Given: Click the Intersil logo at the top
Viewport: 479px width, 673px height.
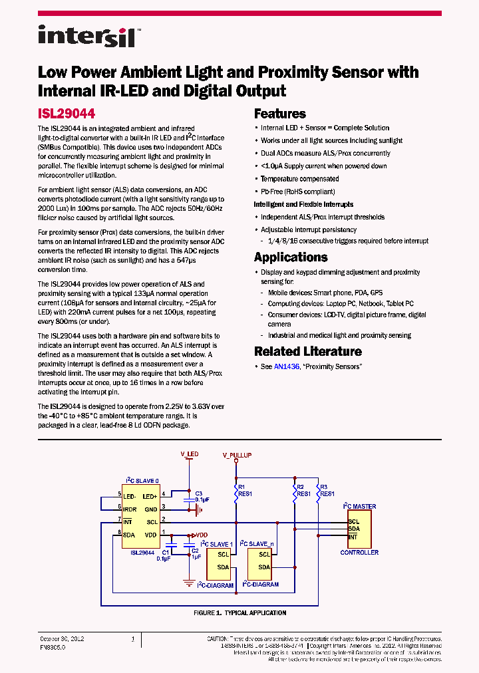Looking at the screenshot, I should (86, 36).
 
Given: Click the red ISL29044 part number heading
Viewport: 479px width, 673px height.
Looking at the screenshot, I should (66, 114).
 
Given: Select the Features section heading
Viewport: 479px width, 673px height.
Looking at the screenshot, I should (280, 114).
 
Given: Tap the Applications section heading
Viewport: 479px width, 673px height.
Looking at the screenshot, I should (291, 257).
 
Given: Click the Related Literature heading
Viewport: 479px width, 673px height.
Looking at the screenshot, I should (308, 351).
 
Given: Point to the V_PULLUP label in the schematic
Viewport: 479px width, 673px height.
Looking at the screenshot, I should (237, 456).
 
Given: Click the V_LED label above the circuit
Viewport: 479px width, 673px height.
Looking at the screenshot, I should (189, 454).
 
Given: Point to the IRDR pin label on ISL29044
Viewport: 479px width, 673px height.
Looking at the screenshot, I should (130, 509).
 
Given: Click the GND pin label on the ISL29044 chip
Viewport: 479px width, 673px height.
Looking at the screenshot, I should (151, 509).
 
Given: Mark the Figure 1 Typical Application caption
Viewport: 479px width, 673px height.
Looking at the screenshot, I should (239, 613).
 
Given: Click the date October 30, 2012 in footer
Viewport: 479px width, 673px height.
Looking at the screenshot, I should (62, 638).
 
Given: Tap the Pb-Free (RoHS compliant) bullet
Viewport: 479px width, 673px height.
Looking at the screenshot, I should (297, 192).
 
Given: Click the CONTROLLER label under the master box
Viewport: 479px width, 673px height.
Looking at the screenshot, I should (359, 553).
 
